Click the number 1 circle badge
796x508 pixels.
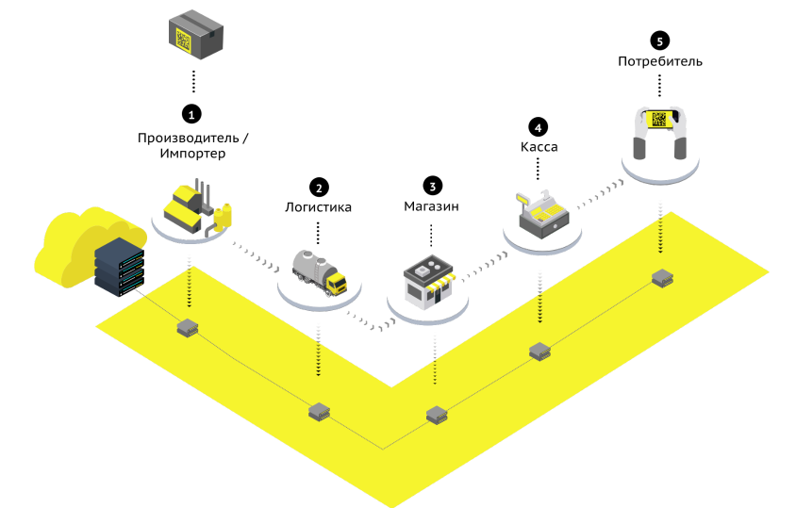pos(191,114)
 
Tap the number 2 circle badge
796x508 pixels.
pos(319,188)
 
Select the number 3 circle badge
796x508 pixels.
pos(433,187)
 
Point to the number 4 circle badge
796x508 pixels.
pos(539,127)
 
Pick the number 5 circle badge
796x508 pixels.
pos(660,41)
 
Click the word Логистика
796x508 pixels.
pos(318,207)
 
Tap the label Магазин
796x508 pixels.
pos(432,206)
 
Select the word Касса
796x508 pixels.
pos(539,147)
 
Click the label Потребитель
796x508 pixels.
pos(660,61)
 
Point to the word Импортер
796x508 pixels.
pos(192,154)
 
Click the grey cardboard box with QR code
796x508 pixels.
pos(196,35)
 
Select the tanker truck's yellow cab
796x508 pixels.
pos(336,284)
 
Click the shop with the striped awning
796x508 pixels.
pos(429,283)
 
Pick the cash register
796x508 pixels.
pos(543,214)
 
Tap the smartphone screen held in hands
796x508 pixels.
pos(659,120)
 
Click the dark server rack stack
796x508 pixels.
pos(119,267)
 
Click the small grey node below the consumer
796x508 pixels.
pos(662,278)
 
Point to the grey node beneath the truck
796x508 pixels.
pos(320,412)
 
